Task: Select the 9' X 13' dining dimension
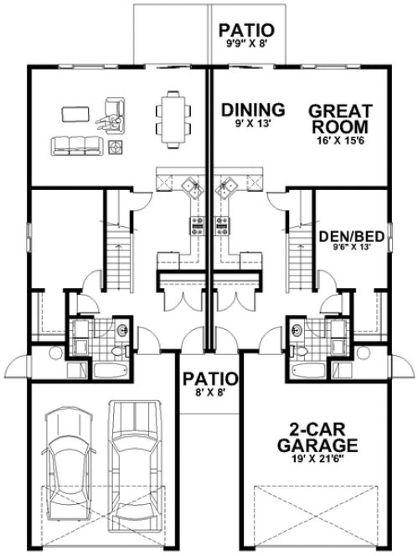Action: click(x=250, y=123)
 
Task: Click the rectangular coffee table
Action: click(x=75, y=112)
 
